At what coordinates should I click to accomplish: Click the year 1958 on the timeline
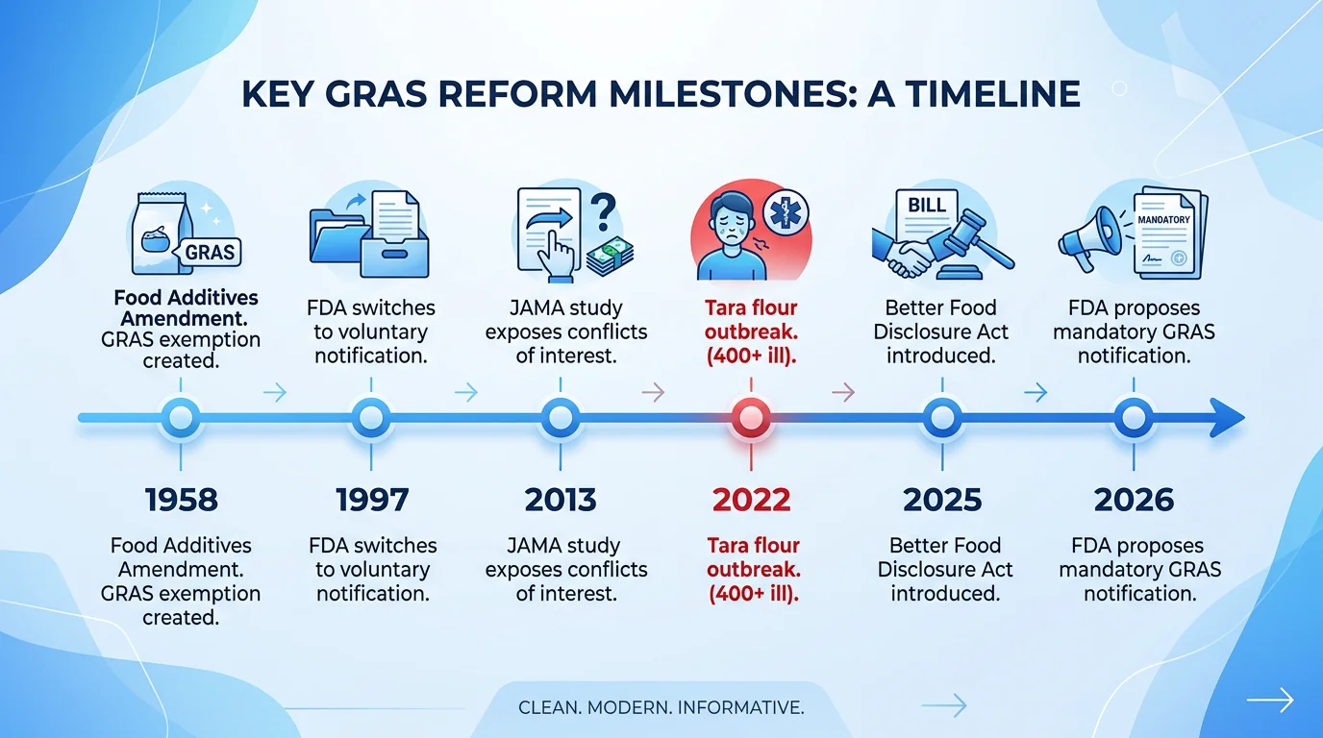pyautogui.click(x=182, y=500)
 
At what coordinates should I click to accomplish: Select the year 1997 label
pyautogui.click(x=372, y=500)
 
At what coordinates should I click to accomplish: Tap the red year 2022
pyautogui.click(x=751, y=500)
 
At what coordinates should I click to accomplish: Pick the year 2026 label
pyautogui.click(x=1134, y=500)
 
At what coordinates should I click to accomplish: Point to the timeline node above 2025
pyautogui.click(x=942, y=418)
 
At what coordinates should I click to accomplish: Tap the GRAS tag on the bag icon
pyautogui.click(x=210, y=252)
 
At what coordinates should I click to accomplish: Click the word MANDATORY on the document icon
pyautogui.click(x=1163, y=219)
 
